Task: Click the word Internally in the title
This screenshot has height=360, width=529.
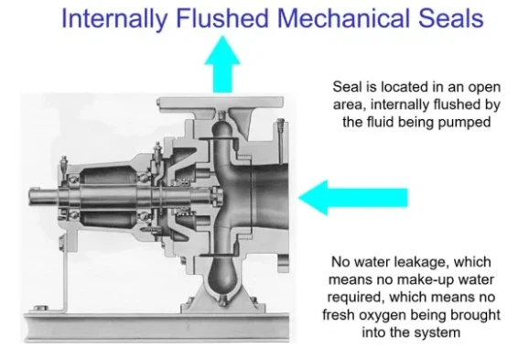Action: click(114, 19)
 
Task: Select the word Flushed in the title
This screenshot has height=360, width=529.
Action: click(222, 18)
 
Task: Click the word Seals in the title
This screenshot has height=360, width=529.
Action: click(451, 18)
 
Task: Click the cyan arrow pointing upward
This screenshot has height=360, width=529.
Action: click(222, 64)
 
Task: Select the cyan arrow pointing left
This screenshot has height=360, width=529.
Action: click(353, 198)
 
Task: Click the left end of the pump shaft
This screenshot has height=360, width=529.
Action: click(30, 195)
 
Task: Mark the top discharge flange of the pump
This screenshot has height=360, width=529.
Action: click(221, 103)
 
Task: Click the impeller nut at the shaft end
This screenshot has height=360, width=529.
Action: click(217, 196)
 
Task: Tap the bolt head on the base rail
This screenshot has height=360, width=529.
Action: click(40, 308)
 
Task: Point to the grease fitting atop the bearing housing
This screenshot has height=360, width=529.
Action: click(63, 165)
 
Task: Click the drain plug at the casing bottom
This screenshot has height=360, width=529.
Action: click(222, 300)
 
